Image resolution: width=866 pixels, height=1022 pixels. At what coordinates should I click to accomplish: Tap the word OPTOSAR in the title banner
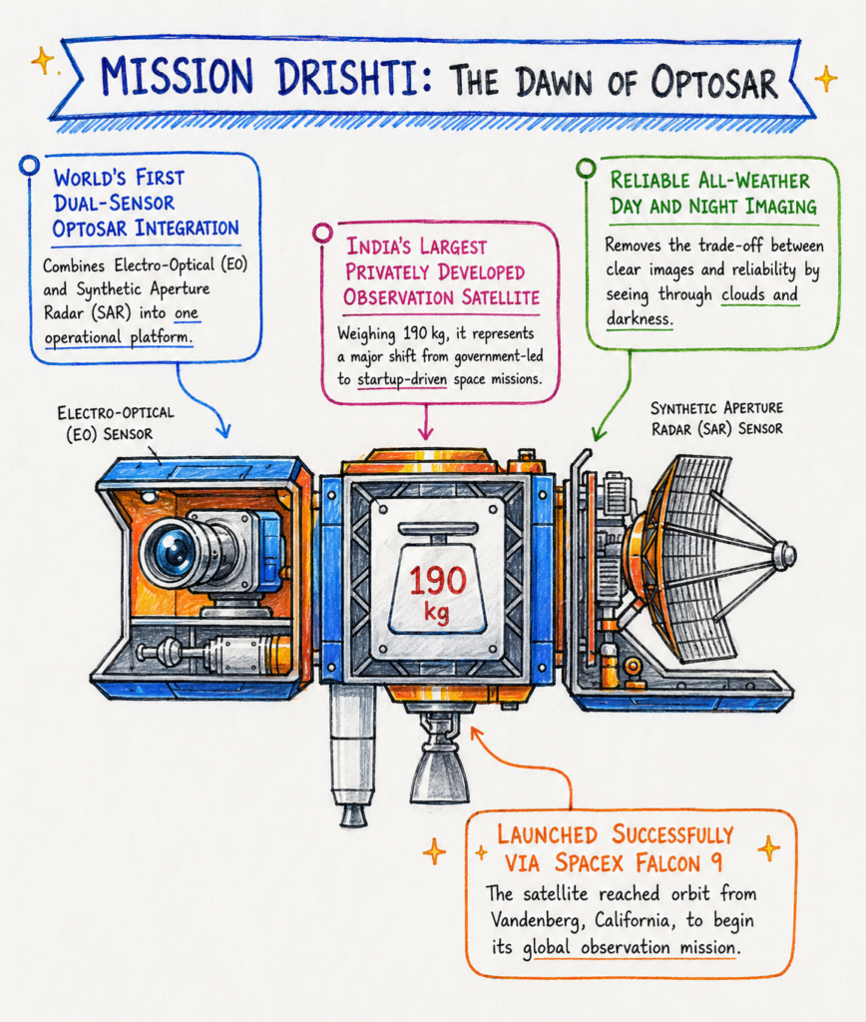[714, 83]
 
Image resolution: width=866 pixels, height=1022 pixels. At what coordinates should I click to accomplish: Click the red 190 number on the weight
[438, 580]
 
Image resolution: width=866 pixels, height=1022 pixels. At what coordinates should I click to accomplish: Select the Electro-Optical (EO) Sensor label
[116, 423]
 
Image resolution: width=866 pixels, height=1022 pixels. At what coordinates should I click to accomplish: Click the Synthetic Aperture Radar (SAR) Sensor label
[716, 418]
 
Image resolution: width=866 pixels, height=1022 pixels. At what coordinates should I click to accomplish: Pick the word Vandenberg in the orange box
[533, 919]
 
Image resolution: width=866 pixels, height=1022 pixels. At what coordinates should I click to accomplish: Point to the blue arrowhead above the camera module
[222, 430]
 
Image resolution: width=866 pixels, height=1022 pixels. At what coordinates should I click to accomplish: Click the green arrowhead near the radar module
[598, 432]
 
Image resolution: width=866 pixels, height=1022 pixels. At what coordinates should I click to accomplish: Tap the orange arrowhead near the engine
[476, 734]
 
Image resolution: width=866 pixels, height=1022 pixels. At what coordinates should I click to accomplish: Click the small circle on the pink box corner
[322, 232]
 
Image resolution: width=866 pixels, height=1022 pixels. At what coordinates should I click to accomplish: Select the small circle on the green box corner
[586, 168]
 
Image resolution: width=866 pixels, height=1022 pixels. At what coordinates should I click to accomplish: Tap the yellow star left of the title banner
[42, 61]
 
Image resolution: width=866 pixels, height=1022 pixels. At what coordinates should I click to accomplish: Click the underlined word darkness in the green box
[639, 318]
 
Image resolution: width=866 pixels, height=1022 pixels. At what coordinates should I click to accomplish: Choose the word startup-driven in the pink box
[402, 379]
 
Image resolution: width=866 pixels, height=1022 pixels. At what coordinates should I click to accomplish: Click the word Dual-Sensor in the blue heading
[114, 203]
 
